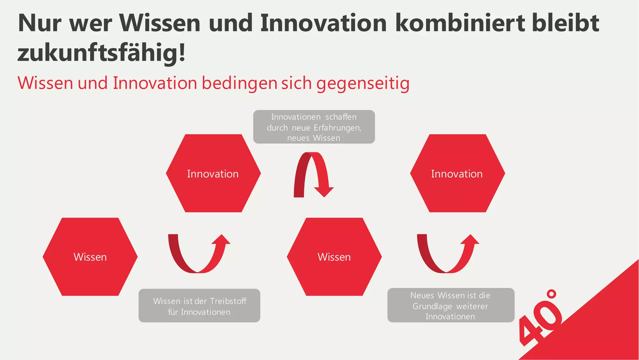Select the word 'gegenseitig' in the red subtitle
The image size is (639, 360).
363,83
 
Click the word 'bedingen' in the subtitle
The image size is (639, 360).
239,83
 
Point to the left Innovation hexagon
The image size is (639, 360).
213,173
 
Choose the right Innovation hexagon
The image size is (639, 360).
457,173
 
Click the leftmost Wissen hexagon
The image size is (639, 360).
90,257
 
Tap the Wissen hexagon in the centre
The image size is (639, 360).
334,257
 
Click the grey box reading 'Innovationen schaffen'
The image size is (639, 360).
314,127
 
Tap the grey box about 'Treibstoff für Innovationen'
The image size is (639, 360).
199,306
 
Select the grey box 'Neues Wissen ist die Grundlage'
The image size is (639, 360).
451,305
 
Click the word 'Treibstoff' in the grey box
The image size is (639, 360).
228,301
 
